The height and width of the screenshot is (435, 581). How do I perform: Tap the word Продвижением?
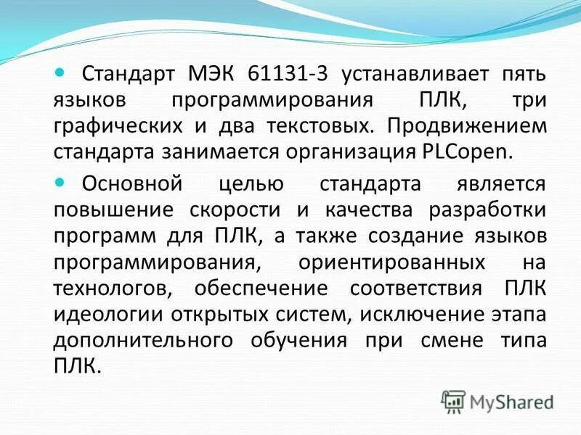click(466, 126)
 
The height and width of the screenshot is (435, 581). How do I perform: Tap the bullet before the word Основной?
click(60, 183)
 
